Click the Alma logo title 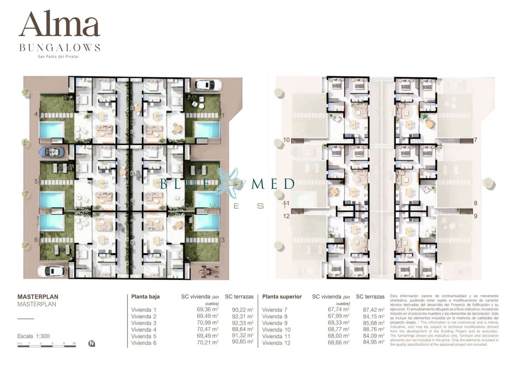point(60,25)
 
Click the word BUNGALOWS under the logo point(60,48)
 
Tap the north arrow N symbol point(92,344)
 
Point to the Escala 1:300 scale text point(34,336)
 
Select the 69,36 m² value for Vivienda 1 point(207,309)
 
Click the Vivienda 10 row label point(276,330)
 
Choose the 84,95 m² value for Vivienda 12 point(373,342)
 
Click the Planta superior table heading point(282,297)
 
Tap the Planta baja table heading point(145,297)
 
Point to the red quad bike point(208,271)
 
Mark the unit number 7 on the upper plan point(475,140)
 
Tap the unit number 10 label point(286,140)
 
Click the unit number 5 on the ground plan point(36,182)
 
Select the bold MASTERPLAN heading point(38,297)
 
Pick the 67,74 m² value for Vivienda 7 point(338,309)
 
